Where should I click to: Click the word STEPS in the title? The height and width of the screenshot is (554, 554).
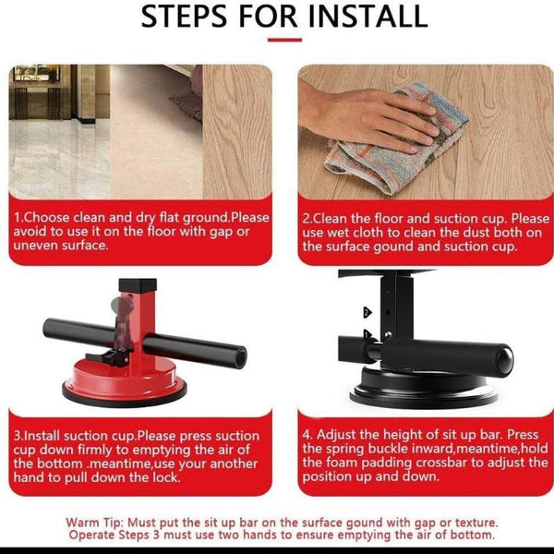tap(184, 17)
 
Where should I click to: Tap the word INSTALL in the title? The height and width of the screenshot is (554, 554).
tap(368, 17)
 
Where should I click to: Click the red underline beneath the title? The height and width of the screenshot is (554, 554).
tap(284, 40)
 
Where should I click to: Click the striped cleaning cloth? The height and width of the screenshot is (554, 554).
tap(399, 141)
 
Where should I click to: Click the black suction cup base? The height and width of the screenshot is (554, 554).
tap(423, 389)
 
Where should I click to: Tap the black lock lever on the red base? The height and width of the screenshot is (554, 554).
tap(108, 357)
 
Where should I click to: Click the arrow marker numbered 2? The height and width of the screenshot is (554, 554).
tap(367, 312)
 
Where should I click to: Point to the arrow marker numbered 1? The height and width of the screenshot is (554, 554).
tap(367, 334)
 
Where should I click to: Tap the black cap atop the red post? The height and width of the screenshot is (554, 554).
tap(138, 285)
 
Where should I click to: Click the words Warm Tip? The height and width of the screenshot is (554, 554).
tap(95, 523)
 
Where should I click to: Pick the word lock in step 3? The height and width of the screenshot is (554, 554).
tap(166, 477)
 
